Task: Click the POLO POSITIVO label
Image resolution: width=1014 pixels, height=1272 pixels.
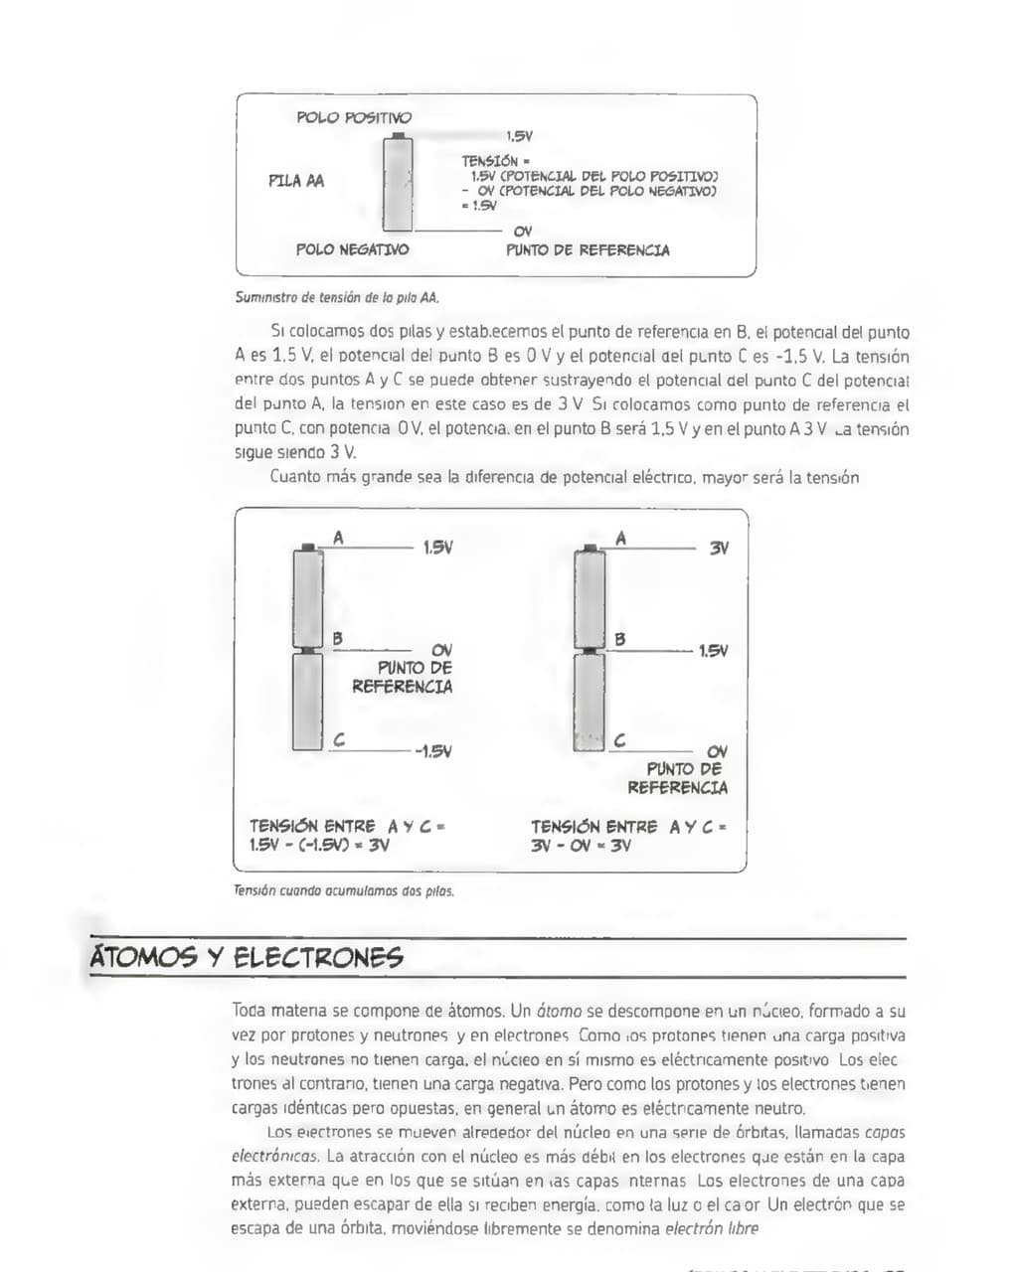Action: click(x=353, y=117)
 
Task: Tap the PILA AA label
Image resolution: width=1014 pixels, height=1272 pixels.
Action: click(x=296, y=181)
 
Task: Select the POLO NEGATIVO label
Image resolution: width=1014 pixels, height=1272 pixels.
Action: click(x=352, y=249)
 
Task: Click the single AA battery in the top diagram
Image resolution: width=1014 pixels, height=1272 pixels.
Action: click(x=399, y=184)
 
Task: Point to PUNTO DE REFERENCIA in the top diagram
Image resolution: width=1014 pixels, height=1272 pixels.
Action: click(x=588, y=250)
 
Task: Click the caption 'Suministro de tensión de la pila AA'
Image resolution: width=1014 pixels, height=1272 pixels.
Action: click(x=337, y=297)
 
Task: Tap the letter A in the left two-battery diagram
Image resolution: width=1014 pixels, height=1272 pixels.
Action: click(x=338, y=538)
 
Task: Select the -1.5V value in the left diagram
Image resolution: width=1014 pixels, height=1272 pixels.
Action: click(x=433, y=751)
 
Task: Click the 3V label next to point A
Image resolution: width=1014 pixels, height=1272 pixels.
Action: click(x=719, y=548)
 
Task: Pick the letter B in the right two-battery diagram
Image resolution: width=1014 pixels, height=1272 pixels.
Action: click(x=620, y=639)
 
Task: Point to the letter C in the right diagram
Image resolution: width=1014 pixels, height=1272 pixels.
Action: click(x=620, y=740)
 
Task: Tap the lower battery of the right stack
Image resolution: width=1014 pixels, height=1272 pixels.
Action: click(x=590, y=701)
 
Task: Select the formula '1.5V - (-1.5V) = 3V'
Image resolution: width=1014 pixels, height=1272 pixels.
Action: click(x=319, y=846)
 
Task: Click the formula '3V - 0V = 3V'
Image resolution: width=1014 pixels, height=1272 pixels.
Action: click(x=581, y=847)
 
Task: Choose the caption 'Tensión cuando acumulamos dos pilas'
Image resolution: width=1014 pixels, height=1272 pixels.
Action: click(x=344, y=891)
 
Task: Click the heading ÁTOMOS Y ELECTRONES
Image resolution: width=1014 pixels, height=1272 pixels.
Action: click(x=247, y=958)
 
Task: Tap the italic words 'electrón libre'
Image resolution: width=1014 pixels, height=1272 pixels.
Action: click(x=712, y=1228)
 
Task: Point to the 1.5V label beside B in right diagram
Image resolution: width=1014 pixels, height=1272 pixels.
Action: click(x=713, y=651)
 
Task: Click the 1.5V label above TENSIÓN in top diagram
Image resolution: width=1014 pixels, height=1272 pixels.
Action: click(x=519, y=137)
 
